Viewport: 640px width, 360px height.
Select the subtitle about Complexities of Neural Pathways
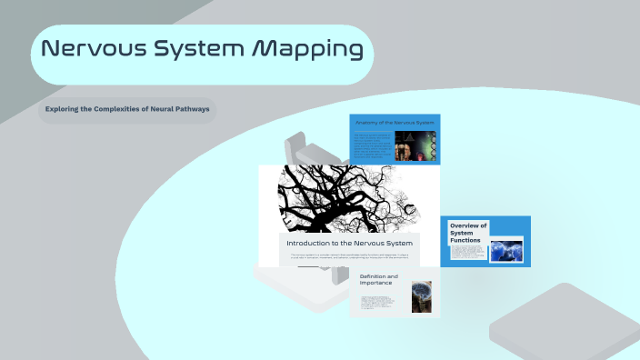[x=127, y=110]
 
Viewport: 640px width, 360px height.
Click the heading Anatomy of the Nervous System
[x=395, y=122]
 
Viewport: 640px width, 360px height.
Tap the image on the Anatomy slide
[x=421, y=145]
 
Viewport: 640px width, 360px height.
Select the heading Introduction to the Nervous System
[x=349, y=244]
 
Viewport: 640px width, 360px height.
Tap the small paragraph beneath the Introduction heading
[x=349, y=257]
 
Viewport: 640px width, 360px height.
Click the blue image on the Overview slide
[x=505, y=249]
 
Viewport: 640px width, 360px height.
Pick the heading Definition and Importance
[x=379, y=279]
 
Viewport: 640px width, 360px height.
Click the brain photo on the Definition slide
[x=421, y=296]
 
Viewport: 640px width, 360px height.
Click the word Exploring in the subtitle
[x=65, y=110]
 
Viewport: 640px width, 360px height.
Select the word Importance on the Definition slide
[x=376, y=283]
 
